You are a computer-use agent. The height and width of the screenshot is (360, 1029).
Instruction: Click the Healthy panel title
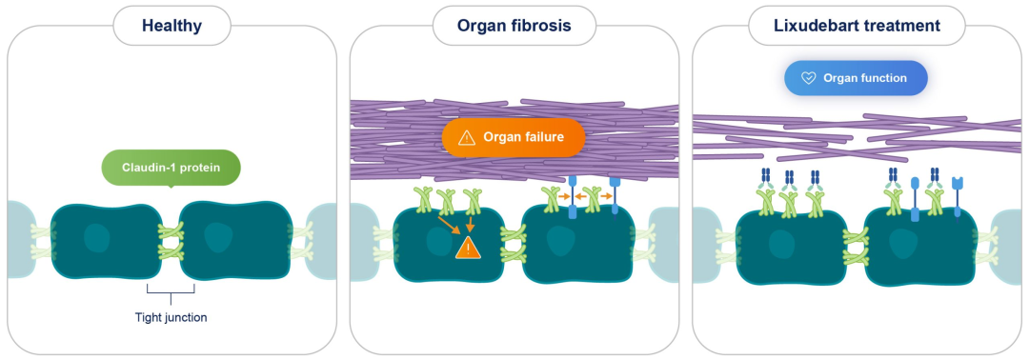pyautogui.click(x=171, y=27)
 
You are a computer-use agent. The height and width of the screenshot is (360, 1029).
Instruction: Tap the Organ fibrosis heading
pyautogui.click(x=514, y=27)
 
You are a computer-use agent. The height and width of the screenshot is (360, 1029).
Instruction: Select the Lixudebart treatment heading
pyautogui.click(x=857, y=27)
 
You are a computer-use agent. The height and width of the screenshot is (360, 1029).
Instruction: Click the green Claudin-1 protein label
pyautogui.click(x=171, y=168)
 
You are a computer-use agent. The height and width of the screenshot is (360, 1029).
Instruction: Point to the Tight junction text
pyautogui.click(x=171, y=318)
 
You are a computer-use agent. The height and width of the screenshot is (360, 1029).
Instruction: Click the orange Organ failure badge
pyautogui.click(x=514, y=137)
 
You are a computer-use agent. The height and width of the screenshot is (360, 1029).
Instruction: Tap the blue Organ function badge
pyautogui.click(x=856, y=78)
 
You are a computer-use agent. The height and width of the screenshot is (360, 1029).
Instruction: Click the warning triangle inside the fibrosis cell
pyautogui.click(x=468, y=248)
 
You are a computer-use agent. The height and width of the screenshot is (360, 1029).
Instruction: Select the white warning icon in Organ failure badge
pyautogui.click(x=467, y=137)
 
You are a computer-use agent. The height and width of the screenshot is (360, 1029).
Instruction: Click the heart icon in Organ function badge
pyautogui.click(x=809, y=78)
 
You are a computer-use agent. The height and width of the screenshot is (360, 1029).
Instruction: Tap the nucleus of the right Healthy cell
pyautogui.click(x=218, y=237)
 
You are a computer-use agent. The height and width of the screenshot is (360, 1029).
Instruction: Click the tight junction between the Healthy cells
pyautogui.click(x=171, y=241)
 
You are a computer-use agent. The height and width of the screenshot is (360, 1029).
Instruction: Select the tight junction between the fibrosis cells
pyautogui.click(x=514, y=244)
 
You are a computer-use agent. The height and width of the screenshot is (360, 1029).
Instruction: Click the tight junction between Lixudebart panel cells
pyautogui.click(x=856, y=248)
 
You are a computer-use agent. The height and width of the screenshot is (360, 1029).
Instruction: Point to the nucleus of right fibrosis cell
pyautogui.click(x=561, y=241)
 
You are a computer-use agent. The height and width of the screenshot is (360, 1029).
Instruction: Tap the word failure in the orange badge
pyautogui.click(x=542, y=137)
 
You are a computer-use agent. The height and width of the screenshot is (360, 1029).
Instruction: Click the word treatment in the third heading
pyautogui.click(x=902, y=27)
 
